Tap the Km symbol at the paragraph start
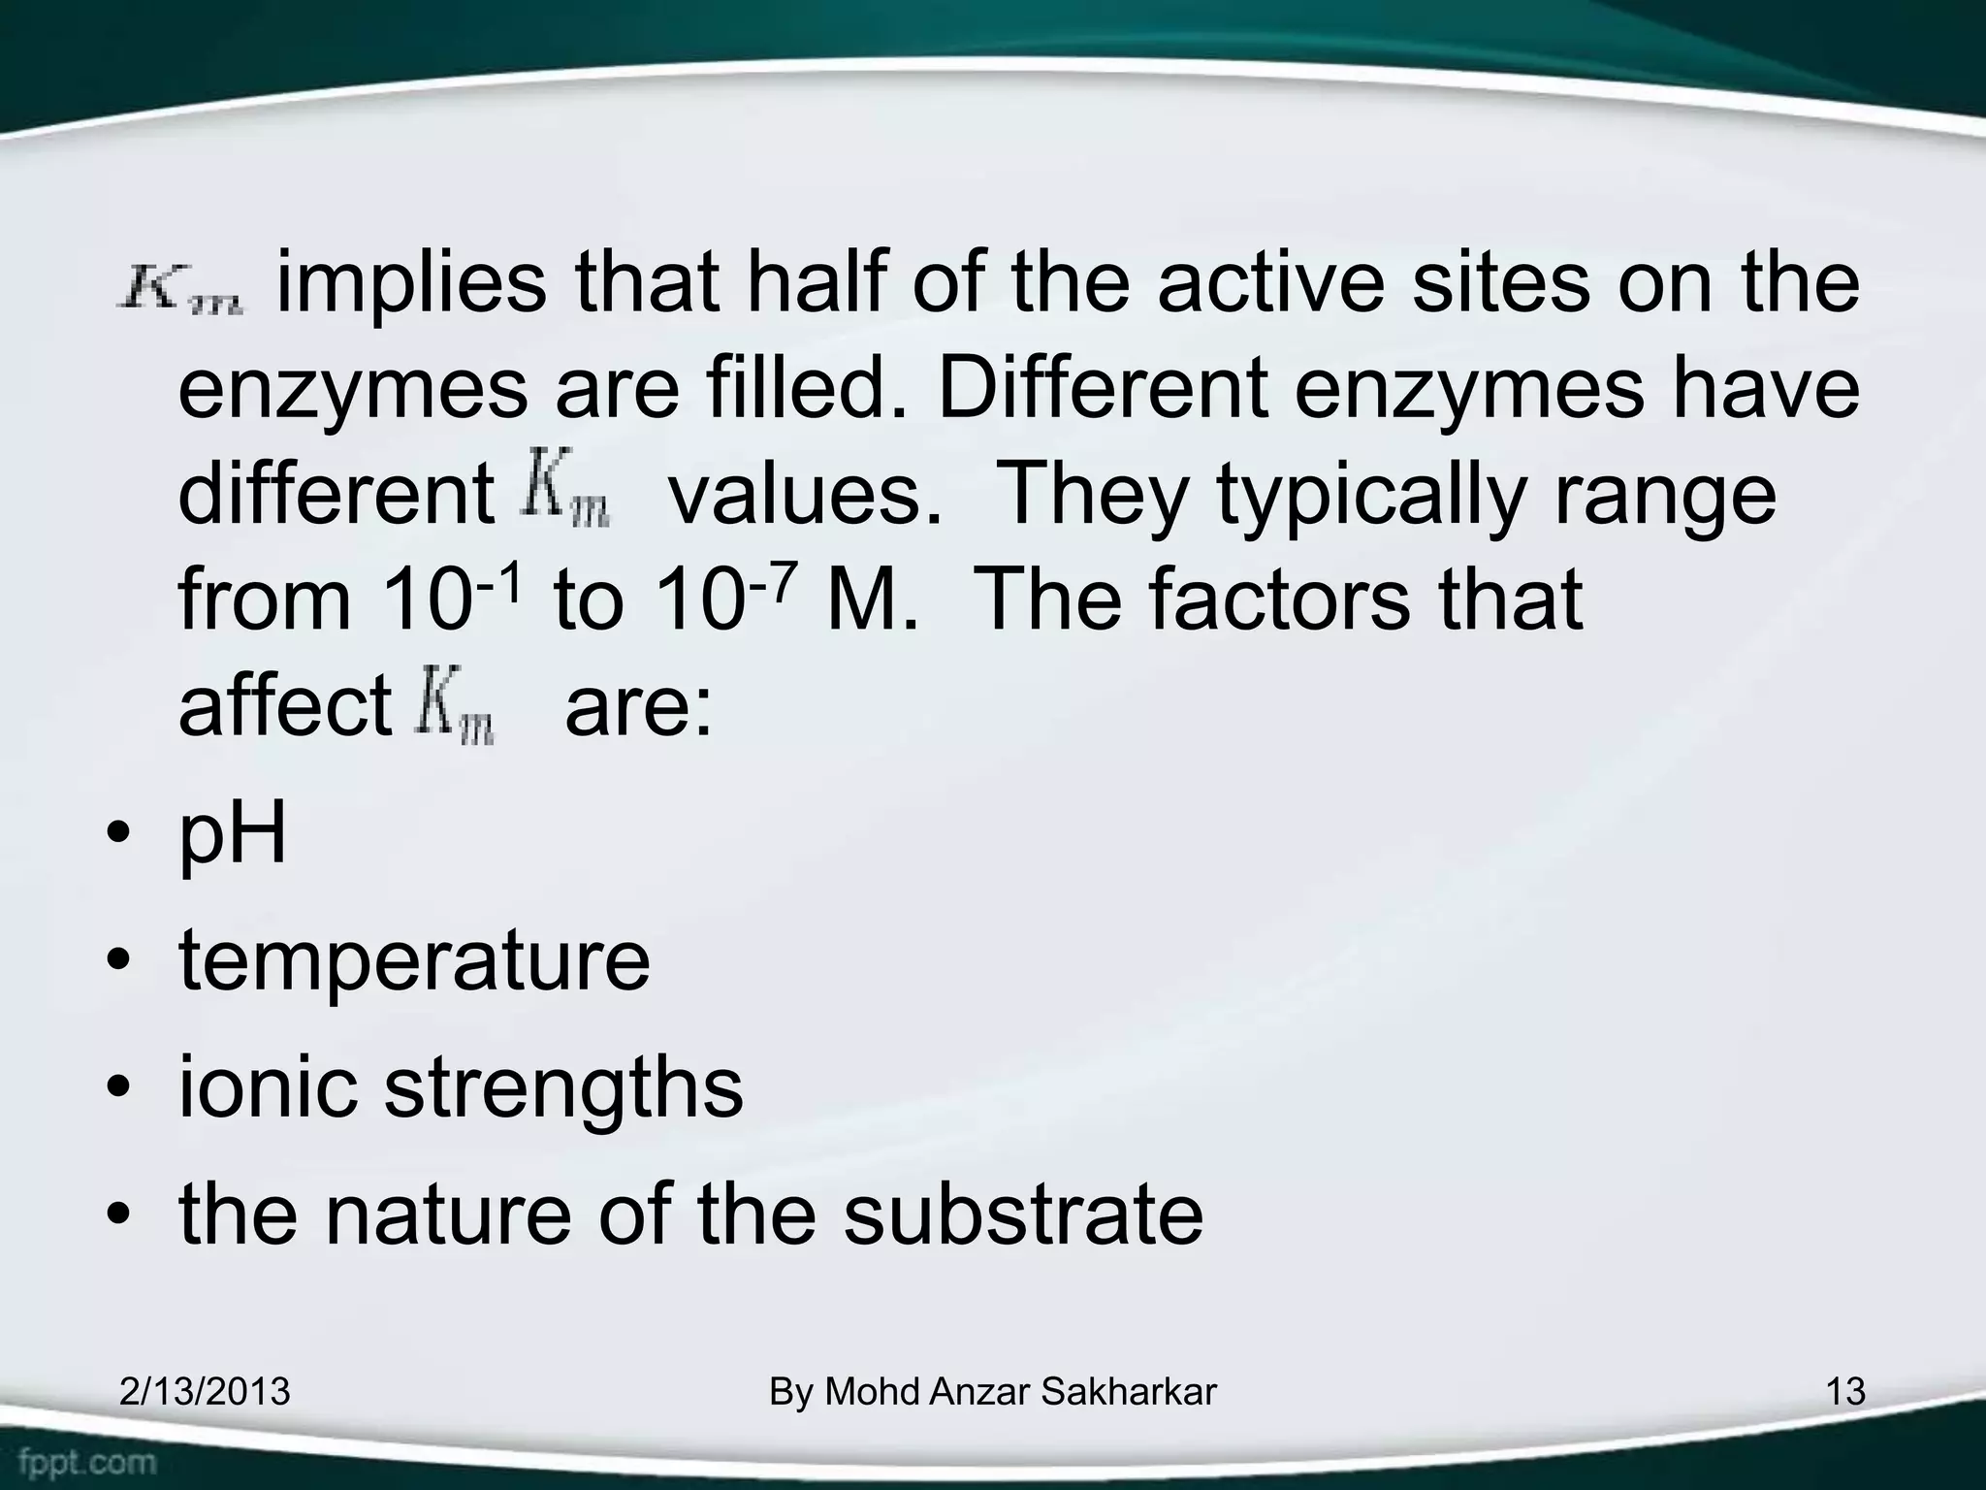(x=182, y=290)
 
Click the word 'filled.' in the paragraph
(x=808, y=388)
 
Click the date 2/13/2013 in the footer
(x=205, y=1392)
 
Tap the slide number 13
(x=1844, y=1392)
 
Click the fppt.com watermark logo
(x=87, y=1461)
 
